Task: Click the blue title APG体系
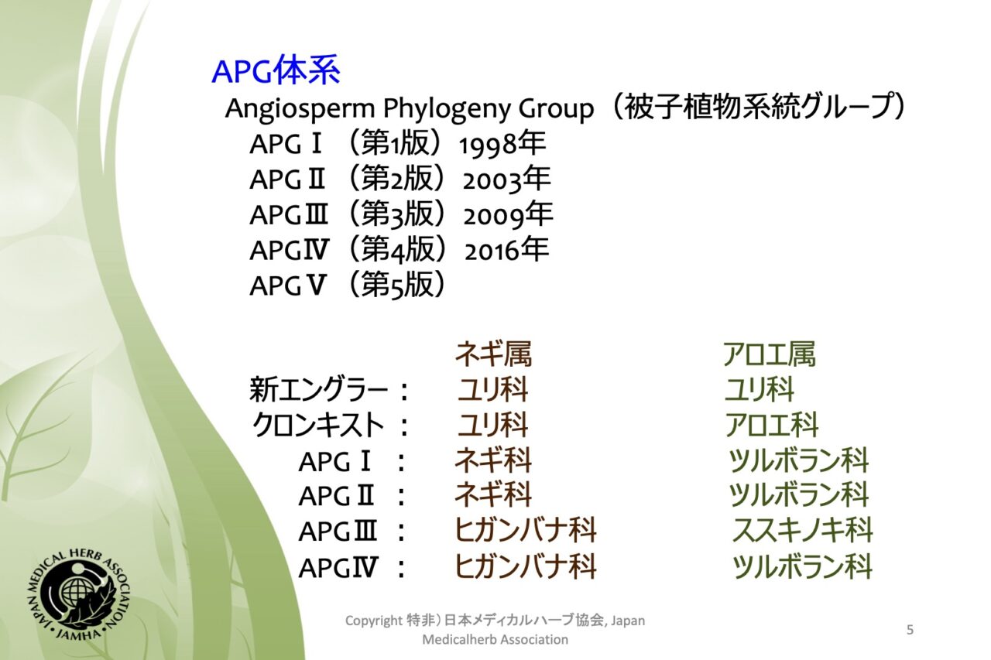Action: point(276,70)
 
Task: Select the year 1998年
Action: point(502,144)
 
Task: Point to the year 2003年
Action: point(506,180)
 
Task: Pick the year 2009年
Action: point(508,215)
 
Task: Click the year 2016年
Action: point(507,250)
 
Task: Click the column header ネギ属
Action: point(493,354)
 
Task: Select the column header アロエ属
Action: point(769,354)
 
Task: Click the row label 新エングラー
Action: point(319,390)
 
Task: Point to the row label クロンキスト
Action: point(318,425)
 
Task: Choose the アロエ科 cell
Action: point(772,425)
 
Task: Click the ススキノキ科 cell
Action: point(803,530)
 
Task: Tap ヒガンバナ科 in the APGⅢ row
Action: point(526,530)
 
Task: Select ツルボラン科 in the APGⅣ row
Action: point(801,566)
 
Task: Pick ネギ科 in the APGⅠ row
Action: point(493,460)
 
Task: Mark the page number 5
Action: point(910,630)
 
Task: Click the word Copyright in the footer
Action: point(373,621)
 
